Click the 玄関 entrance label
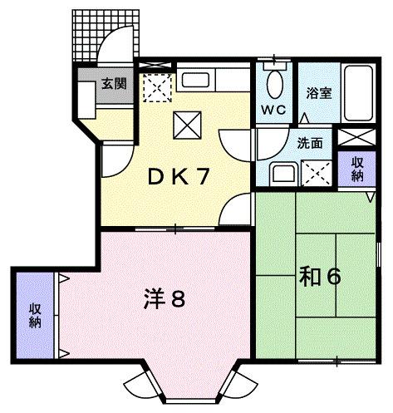click(x=114, y=84)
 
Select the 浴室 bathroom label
click(x=319, y=93)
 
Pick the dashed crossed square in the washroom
click(x=316, y=172)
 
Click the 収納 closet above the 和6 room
click(x=356, y=169)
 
